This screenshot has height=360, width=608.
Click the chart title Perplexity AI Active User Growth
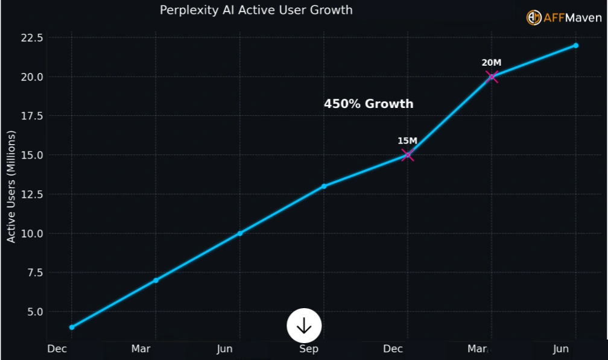coord(256,10)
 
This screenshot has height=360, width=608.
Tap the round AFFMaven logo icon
coord(534,18)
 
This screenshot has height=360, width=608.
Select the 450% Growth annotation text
coord(369,104)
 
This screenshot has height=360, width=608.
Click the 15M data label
coord(407,141)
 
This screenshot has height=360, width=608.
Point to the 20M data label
coord(491,62)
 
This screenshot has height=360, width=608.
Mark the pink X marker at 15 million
coord(408,155)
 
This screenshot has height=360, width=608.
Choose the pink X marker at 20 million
coord(492,77)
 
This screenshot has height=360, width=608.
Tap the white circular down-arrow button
coord(304,326)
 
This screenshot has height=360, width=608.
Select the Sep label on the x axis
coord(308,349)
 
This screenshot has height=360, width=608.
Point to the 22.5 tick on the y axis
coord(32,38)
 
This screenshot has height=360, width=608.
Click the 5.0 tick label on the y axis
coord(35,312)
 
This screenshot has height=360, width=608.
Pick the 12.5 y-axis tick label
coord(32,194)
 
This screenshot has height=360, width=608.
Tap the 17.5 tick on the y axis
coord(32,116)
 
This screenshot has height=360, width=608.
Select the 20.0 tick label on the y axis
coord(32,77)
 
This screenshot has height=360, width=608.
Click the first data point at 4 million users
coord(72,327)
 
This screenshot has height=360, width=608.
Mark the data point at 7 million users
coord(156,280)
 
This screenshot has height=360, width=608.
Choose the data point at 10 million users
coord(240,233)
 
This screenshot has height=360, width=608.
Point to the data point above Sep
coord(324,186)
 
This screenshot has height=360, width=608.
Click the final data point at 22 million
coord(576,45)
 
